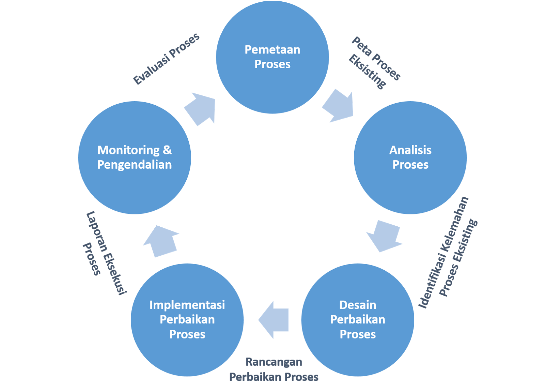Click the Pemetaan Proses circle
tap(272, 57)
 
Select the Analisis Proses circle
tap(410, 157)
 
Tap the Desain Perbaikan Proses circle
tap(358, 320)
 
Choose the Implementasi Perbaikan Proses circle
tap(187, 320)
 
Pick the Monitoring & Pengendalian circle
tap(135, 157)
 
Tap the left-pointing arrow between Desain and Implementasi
tap(274, 320)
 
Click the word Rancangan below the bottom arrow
tap(274, 362)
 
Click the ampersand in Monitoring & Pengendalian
tap(167, 150)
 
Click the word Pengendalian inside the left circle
tap(135, 165)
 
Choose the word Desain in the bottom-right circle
tap(358, 305)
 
